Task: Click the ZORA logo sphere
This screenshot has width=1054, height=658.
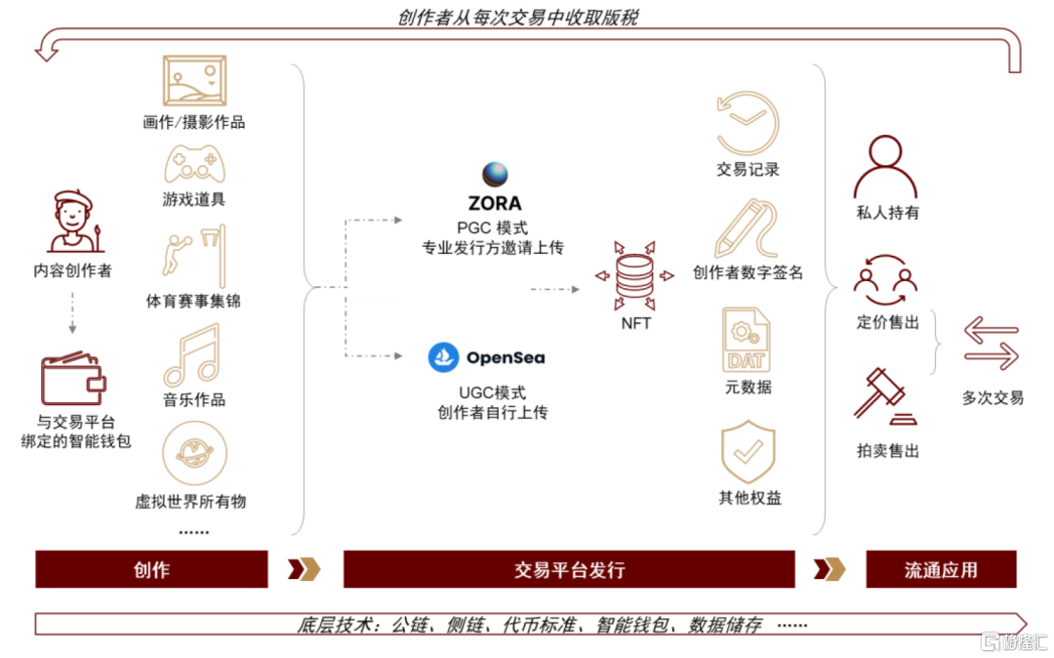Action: pyautogui.click(x=496, y=174)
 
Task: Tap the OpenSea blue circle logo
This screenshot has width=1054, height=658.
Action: pyautogui.click(x=444, y=357)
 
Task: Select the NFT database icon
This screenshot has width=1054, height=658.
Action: pyautogui.click(x=635, y=276)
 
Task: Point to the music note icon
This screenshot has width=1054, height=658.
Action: pyautogui.click(x=192, y=354)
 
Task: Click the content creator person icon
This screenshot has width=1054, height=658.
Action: pyautogui.click(x=73, y=222)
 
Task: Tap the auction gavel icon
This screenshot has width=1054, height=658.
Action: pyautogui.click(x=883, y=395)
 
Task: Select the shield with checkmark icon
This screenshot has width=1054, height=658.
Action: pyautogui.click(x=748, y=451)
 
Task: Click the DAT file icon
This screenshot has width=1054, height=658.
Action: pyautogui.click(x=747, y=339)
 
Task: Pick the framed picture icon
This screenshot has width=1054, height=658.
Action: pyautogui.click(x=194, y=80)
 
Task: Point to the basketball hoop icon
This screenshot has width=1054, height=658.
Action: pyautogui.click(x=194, y=257)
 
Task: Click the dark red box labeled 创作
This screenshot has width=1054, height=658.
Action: pyautogui.click(x=151, y=569)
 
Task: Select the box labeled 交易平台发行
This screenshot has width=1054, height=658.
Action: pyautogui.click(x=569, y=569)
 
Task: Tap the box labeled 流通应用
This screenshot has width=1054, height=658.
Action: pyautogui.click(x=941, y=569)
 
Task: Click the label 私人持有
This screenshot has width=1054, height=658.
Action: pyautogui.click(x=887, y=212)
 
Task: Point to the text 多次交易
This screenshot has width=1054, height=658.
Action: pyautogui.click(x=993, y=397)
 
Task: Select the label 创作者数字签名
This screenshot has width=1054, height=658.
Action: pyautogui.click(x=748, y=272)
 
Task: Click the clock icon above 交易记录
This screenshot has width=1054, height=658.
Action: pyautogui.click(x=747, y=122)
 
